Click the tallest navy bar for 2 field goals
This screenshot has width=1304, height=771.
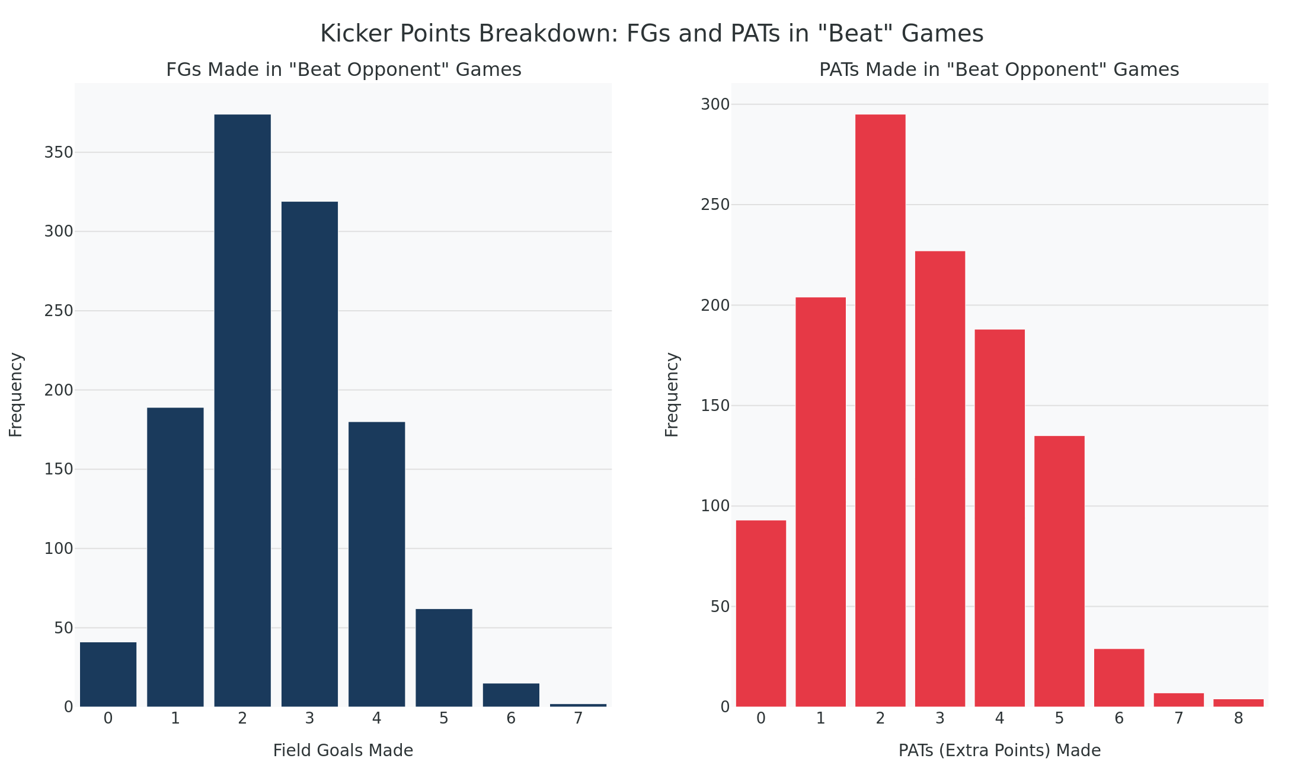pyautogui.click(x=242, y=410)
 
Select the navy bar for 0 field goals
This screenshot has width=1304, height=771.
pyautogui.click(x=108, y=674)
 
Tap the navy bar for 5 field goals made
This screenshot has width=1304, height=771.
pyautogui.click(x=444, y=658)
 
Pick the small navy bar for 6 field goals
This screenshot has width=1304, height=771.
pyautogui.click(x=511, y=695)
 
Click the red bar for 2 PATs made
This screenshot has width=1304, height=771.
pyautogui.click(x=880, y=410)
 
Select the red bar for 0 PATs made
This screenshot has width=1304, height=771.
pyautogui.click(x=761, y=613)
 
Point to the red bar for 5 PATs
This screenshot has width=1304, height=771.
pyautogui.click(x=1059, y=571)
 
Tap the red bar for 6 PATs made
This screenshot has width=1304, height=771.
pyautogui.click(x=1119, y=678)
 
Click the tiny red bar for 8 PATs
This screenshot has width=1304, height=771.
pyautogui.click(x=1238, y=703)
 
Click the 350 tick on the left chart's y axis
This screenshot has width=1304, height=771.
pyautogui.click(x=59, y=153)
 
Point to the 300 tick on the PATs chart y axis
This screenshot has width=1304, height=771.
pyautogui.click(x=715, y=105)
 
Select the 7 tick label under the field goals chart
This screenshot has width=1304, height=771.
pyautogui.click(x=578, y=719)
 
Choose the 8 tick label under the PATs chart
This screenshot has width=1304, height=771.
pyautogui.click(x=1238, y=719)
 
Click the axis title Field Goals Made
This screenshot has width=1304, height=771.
pyautogui.click(x=343, y=751)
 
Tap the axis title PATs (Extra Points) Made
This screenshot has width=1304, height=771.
pyautogui.click(x=999, y=751)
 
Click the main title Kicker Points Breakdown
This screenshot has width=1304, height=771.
pyautogui.click(x=651, y=34)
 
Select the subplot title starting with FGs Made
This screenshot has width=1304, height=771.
pyautogui.click(x=343, y=70)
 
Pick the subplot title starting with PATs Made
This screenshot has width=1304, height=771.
pyautogui.click(x=999, y=70)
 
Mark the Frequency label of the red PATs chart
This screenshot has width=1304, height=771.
pyautogui.click(x=672, y=395)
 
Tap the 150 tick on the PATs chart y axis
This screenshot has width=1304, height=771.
pyautogui.click(x=715, y=406)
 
